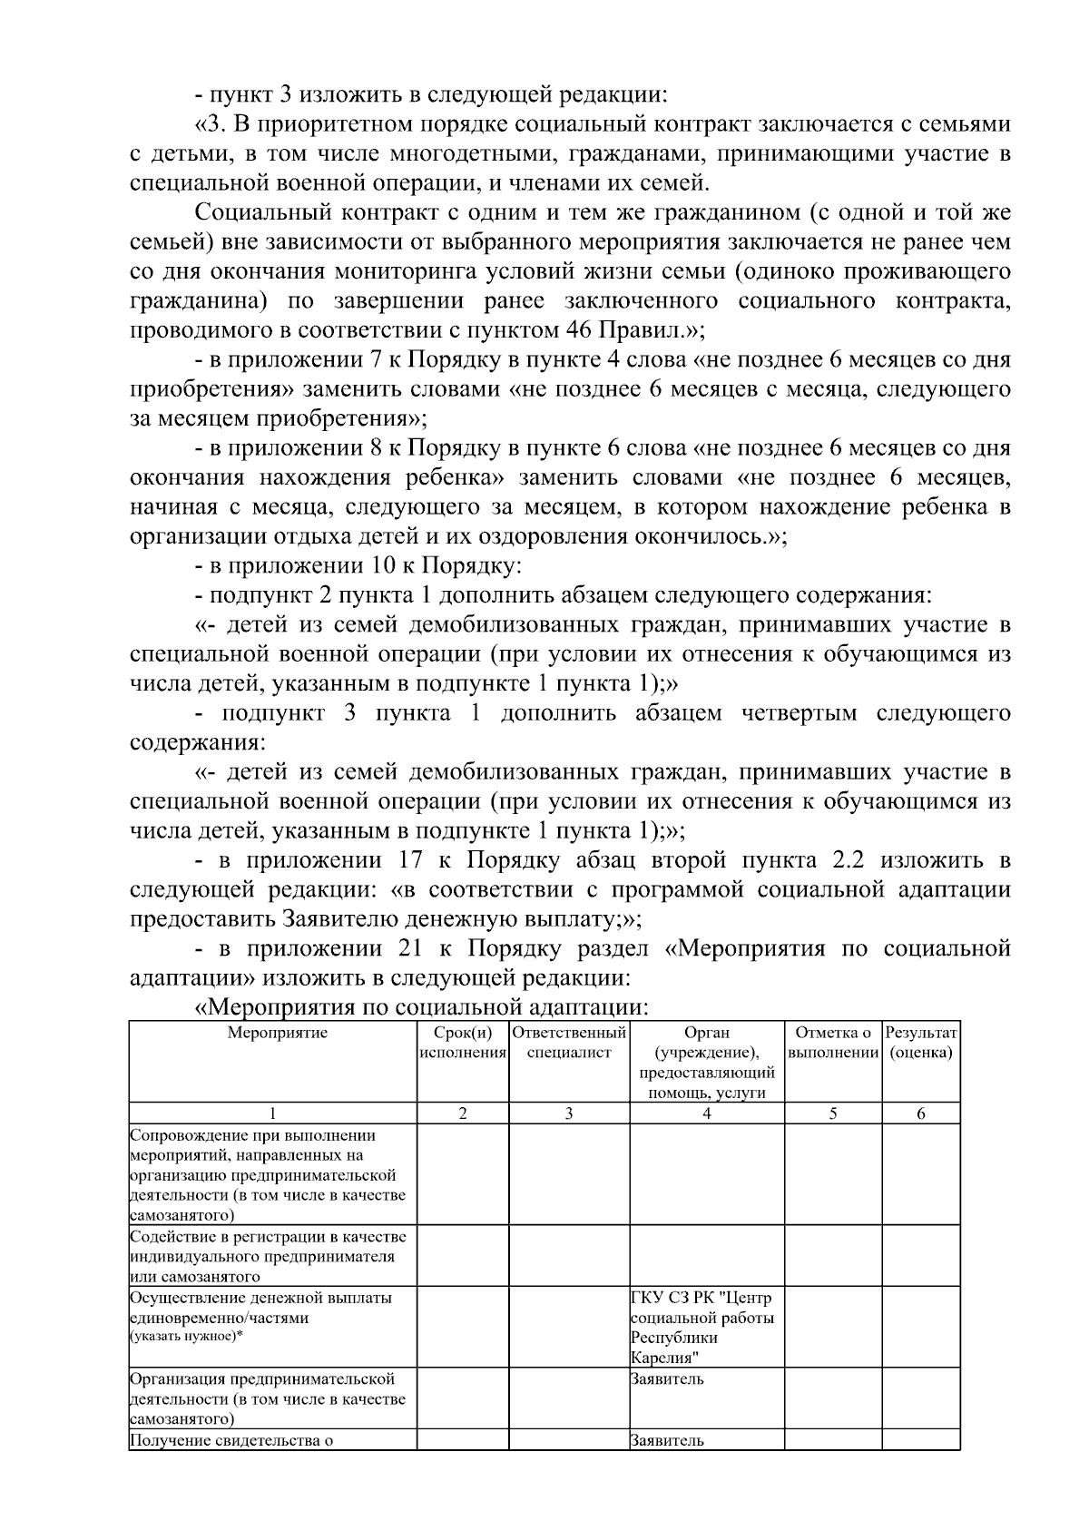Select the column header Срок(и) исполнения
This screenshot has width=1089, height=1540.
(463, 1043)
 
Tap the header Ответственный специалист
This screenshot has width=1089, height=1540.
(569, 1043)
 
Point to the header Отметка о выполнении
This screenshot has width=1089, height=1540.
(833, 1043)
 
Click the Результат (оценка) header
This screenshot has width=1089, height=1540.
(921, 1043)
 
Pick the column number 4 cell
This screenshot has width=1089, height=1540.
(706, 1114)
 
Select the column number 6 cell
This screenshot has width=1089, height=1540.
(920, 1114)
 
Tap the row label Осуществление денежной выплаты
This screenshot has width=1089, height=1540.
(261, 1298)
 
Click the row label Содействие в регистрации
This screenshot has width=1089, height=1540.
(268, 1237)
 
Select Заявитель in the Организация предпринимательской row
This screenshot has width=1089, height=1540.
(667, 1379)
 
